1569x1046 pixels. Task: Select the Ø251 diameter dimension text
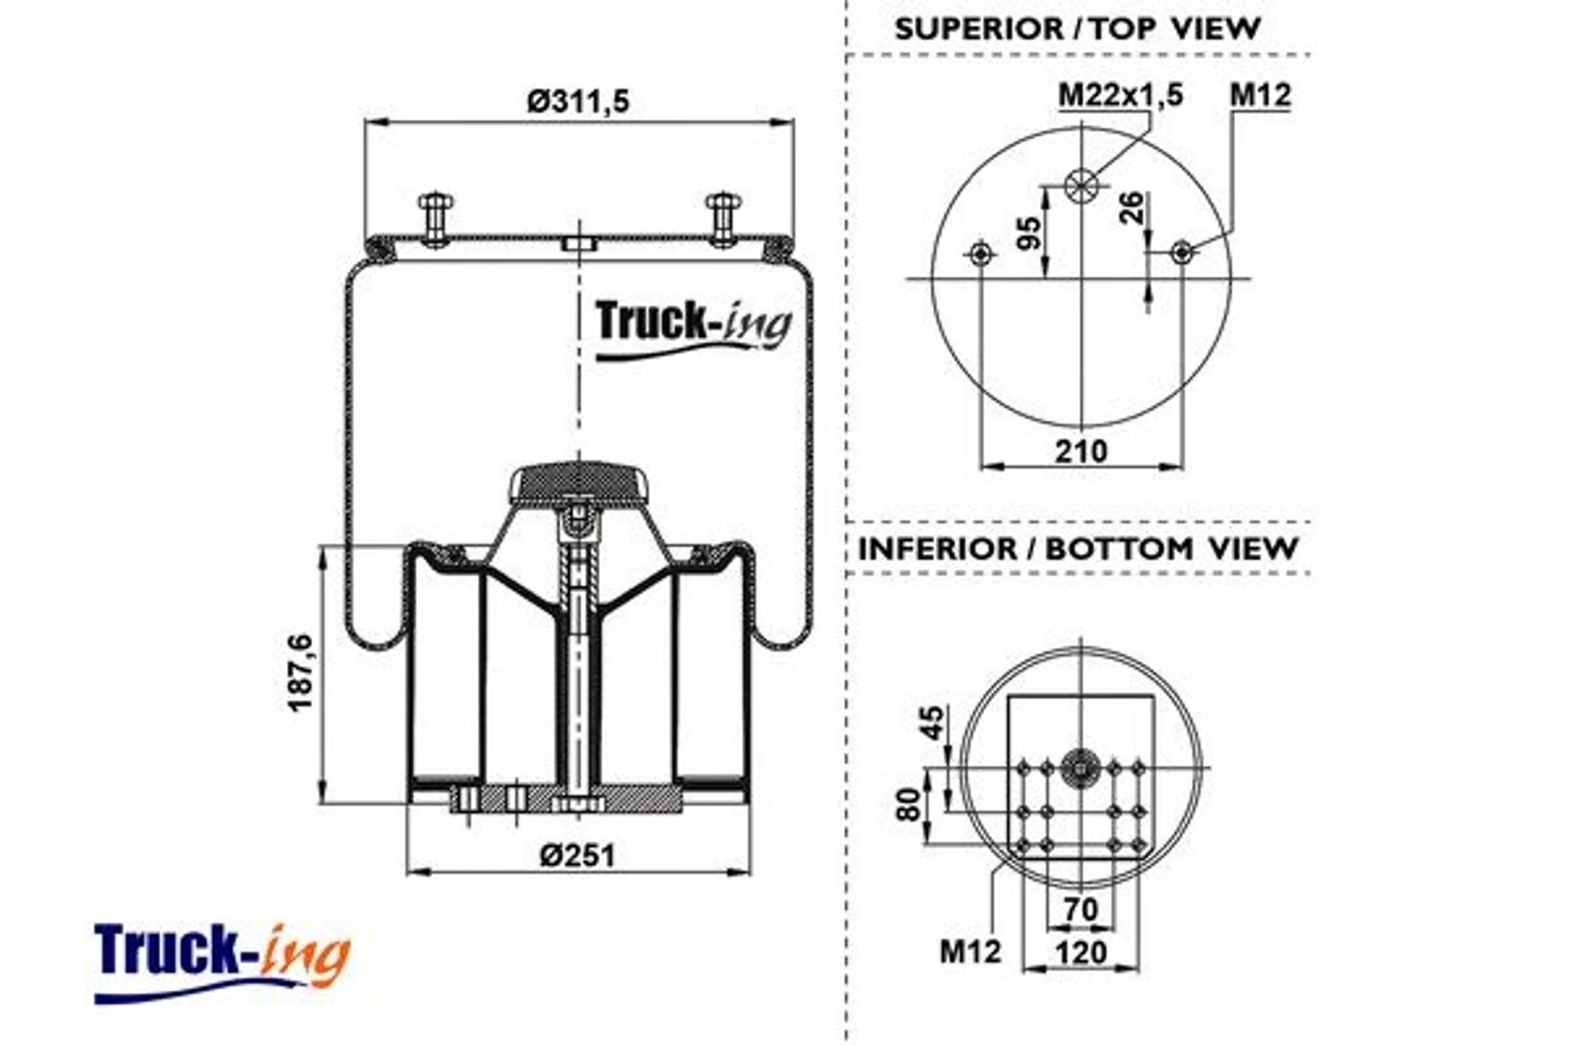(578, 855)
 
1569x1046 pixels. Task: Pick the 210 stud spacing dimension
(1081, 452)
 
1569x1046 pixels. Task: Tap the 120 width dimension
(1081, 952)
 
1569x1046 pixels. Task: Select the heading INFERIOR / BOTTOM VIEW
(1077, 549)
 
